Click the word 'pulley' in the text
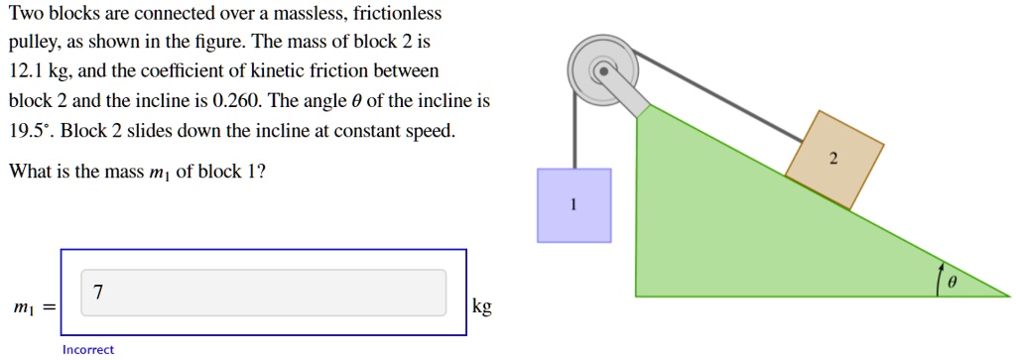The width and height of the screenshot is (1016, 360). tap(32, 44)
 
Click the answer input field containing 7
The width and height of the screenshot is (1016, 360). tap(263, 293)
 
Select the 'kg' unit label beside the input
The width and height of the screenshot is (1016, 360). tap(481, 307)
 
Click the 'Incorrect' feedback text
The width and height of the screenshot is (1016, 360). tap(87, 349)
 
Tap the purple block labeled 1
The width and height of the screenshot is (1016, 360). tap(573, 205)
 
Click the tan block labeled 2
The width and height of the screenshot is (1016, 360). tap(833, 159)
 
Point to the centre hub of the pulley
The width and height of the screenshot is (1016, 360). tap(602, 70)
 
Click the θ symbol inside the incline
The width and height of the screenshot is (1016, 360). tap(952, 283)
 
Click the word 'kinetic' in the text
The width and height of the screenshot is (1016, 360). tap(275, 71)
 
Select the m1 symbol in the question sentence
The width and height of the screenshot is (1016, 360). tap(159, 173)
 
